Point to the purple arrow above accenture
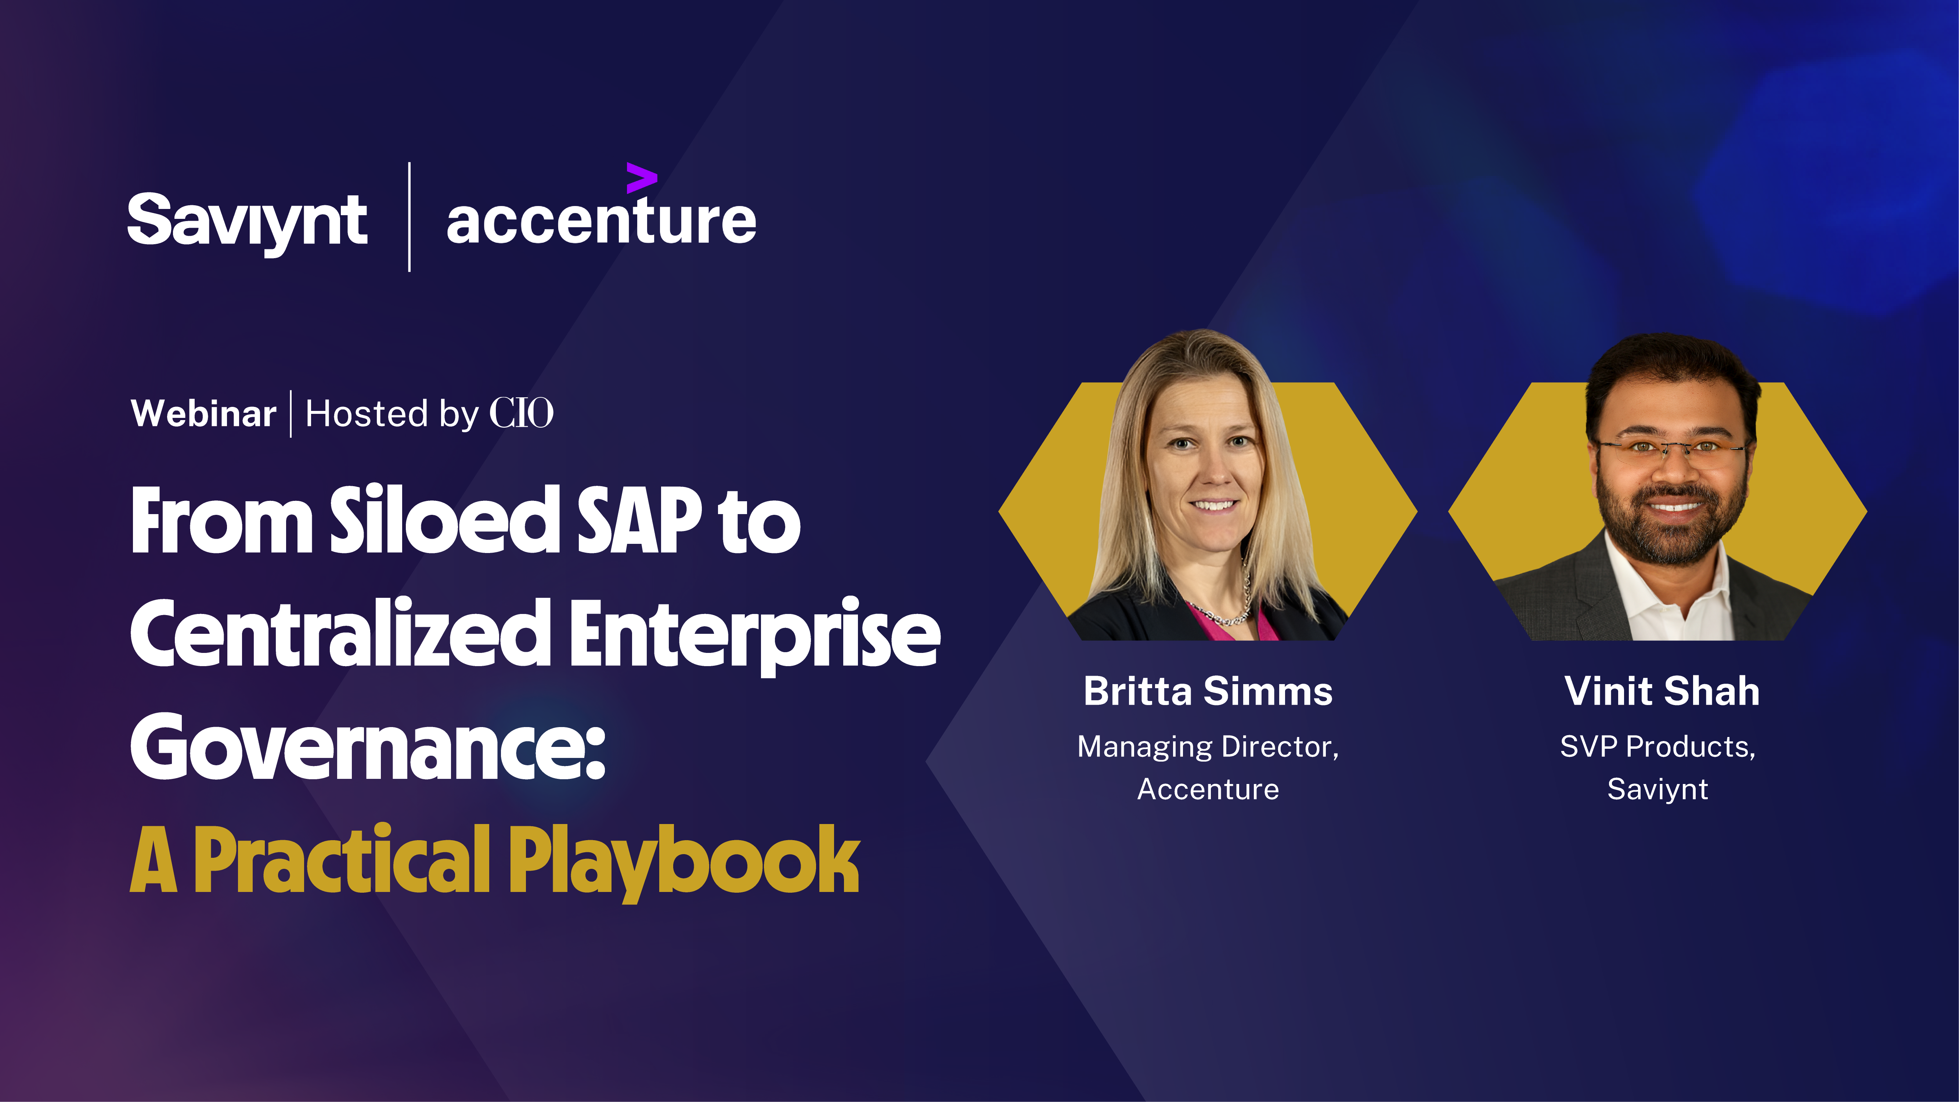(x=641, y=178)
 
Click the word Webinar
(x=203, y=414)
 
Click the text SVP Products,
(x=1658, y=747)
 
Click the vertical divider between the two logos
(x=410, y=217)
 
